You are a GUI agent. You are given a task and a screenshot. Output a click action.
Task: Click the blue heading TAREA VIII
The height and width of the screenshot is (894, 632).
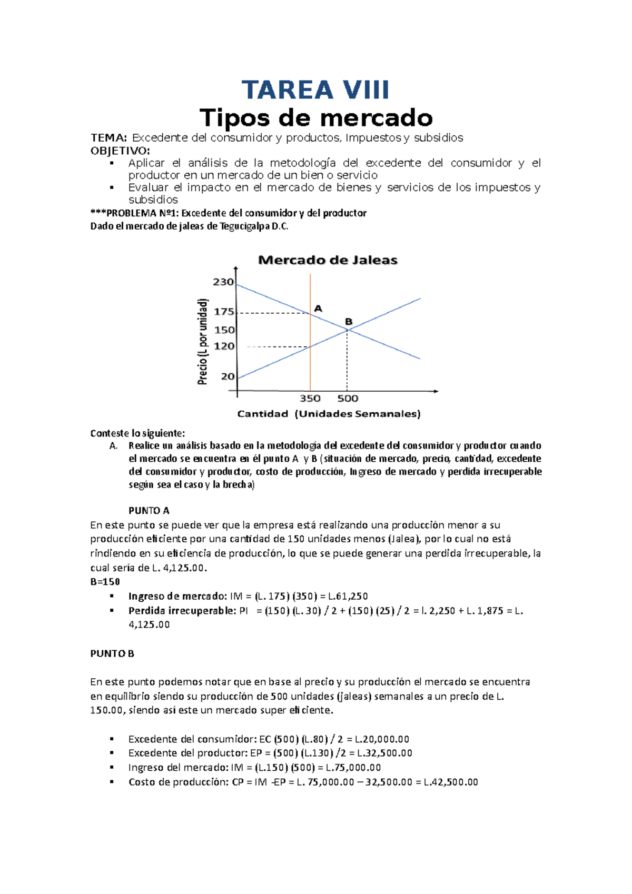pos(315,90)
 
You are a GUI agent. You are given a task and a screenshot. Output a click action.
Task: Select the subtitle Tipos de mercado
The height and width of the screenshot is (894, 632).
pos(316,118)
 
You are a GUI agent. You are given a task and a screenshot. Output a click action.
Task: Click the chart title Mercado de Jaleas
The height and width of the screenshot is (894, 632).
pos(328,260)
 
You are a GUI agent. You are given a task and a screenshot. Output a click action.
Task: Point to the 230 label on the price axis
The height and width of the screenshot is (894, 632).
pos(223,282)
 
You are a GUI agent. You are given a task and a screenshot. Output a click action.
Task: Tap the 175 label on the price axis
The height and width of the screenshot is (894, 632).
pos(224,312)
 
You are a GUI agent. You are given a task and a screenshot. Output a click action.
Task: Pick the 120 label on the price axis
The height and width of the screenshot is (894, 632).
pos(224,346)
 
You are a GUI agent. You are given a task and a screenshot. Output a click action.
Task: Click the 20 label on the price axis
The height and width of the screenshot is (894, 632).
pos(228,376)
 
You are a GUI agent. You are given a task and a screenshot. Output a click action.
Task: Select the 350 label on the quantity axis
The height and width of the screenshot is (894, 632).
pos(310,399)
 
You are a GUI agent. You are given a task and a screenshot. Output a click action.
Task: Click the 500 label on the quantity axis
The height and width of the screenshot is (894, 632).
pos(348,399)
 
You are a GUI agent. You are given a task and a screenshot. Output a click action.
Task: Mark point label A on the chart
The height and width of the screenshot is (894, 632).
pos(318,309)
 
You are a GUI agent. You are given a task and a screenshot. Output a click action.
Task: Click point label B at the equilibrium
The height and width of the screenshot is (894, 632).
pos(349,322)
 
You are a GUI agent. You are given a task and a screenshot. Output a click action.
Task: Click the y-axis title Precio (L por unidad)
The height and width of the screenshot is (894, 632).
pos(203,341)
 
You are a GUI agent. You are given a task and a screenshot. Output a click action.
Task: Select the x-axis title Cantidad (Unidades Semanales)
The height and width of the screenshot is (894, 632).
pos(329,414)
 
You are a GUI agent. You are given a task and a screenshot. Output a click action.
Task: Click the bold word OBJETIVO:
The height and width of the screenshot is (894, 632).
pos(120,151)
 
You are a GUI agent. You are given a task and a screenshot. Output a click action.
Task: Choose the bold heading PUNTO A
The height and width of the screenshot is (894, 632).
pos(149,511)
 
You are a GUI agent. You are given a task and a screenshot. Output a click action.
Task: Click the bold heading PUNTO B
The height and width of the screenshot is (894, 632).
pos(112,653)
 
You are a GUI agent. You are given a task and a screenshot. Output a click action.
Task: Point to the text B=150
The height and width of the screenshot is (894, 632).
pos(105,582)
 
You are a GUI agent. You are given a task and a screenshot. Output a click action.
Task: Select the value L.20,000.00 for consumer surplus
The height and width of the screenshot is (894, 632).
pos(382,739)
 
